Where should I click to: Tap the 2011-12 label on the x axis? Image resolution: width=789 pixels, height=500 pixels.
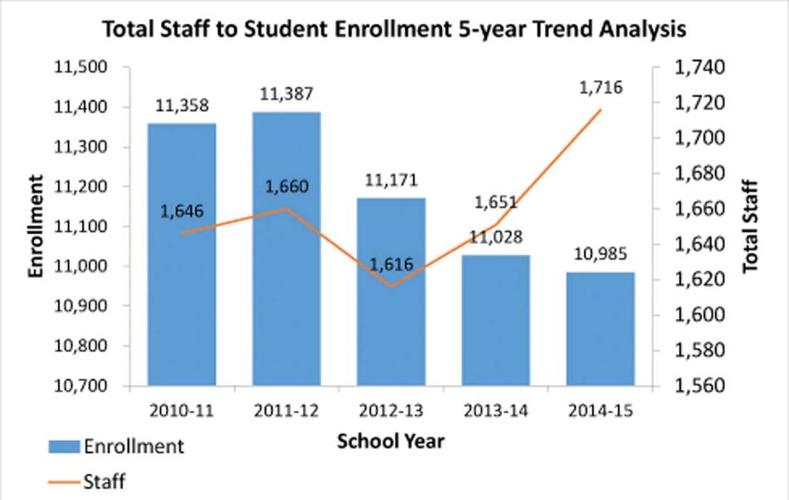point(287,411)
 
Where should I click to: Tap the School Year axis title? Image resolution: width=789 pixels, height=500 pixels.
point(391,441)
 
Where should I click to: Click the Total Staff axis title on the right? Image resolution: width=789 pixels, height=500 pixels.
point(751,227)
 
